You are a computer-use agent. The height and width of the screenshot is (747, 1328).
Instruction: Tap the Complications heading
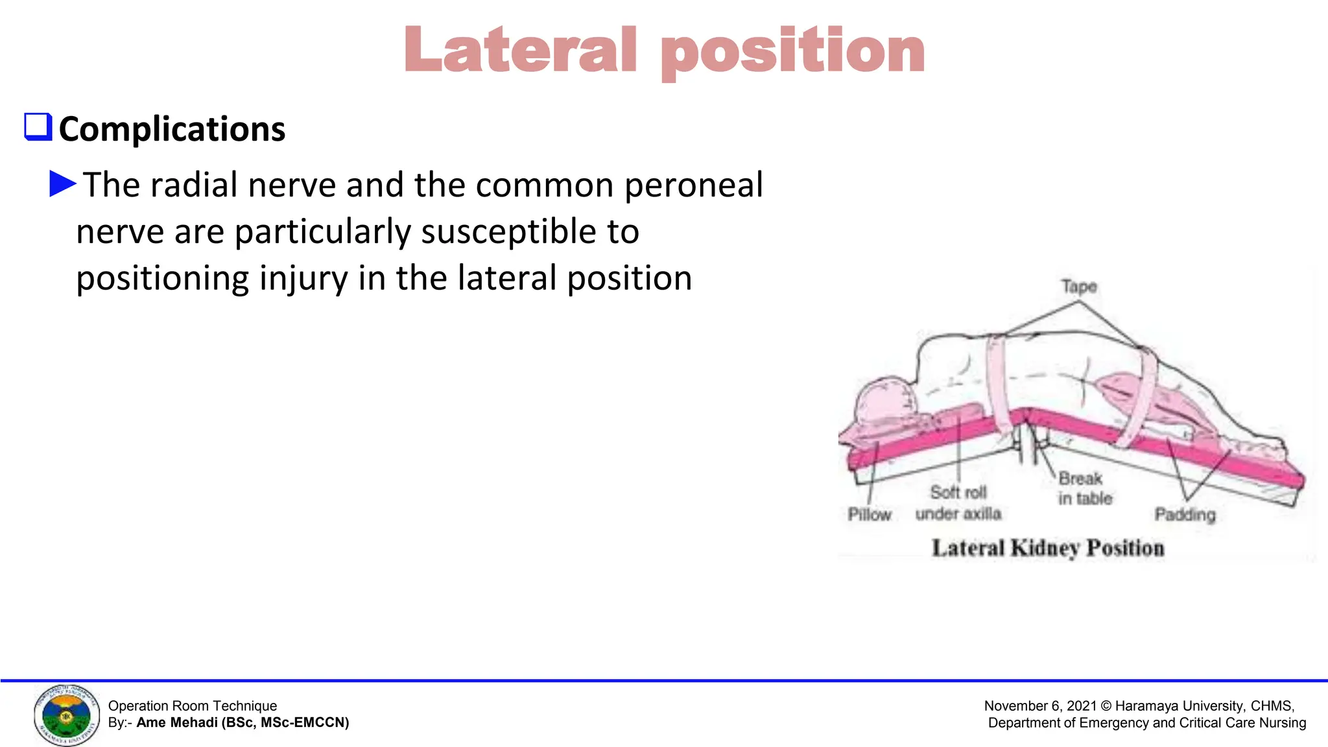[x=172, y=129]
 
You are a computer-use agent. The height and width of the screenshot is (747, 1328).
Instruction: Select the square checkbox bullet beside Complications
[x=38, y=126]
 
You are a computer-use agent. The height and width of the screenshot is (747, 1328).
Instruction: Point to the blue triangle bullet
[x=62, y=184]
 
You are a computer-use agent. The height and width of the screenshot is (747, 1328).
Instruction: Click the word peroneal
[x=694, y=185]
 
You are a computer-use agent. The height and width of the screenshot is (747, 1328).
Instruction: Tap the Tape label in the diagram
[x=1079, y=287]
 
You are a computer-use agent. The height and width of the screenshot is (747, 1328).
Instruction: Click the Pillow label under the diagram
[x=870, y=514]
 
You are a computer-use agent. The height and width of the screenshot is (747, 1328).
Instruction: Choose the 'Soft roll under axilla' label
[x=958, y=503]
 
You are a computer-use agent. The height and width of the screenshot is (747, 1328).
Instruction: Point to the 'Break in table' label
[x=1085, y=488]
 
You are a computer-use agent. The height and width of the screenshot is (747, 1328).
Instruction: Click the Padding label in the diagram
[x=1185, y=514]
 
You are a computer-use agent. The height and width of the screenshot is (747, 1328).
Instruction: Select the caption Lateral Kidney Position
[x=1048, y=548]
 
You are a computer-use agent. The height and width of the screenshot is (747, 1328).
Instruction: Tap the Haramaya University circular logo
[x=67, y=715]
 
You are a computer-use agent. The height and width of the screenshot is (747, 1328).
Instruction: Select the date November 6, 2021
[x=1040, y=705]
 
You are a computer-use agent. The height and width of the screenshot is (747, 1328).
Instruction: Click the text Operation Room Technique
[x=193, y=705]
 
